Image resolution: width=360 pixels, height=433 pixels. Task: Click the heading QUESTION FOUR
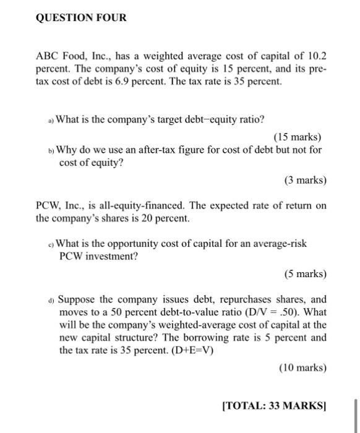[x=81, y=18]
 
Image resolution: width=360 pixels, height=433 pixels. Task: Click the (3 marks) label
[x=305, y=181]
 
